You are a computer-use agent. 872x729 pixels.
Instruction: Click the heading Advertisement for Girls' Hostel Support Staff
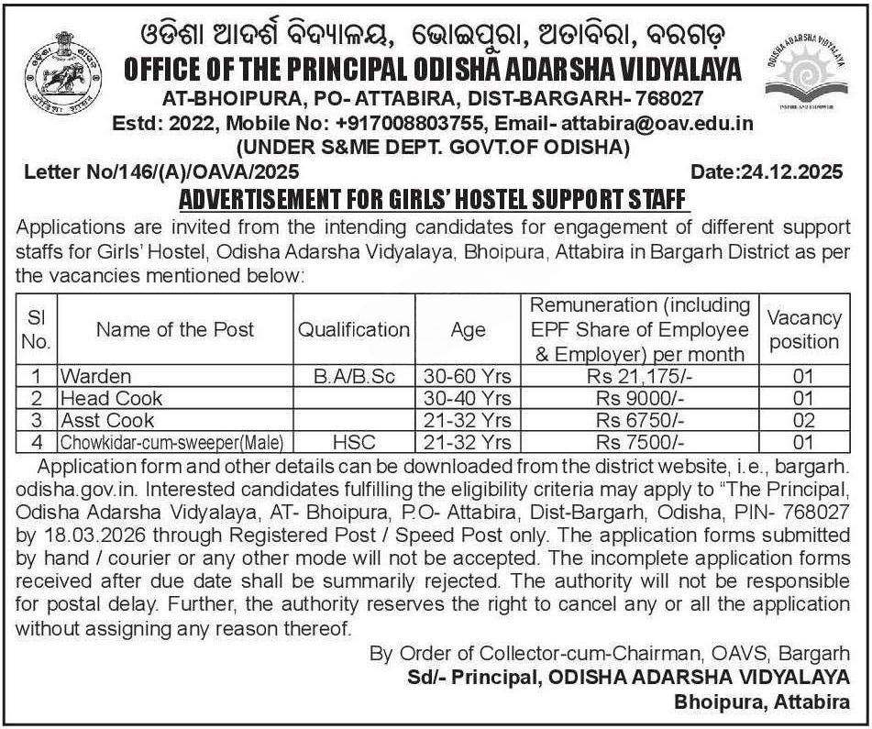point(433,198)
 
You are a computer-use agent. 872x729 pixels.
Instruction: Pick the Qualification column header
point(353,329)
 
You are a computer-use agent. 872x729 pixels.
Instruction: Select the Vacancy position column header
point(803,329)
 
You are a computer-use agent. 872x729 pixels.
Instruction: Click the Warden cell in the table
point(95,376)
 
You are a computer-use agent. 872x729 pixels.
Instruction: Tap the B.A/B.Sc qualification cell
point(353,376)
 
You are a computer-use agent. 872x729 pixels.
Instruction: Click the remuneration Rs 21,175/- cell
point(639,376)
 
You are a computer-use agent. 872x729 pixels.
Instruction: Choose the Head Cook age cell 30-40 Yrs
point(468,398)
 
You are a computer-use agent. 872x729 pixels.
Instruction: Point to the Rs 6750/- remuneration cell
point(639,420)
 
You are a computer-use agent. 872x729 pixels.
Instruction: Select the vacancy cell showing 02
point(803,420)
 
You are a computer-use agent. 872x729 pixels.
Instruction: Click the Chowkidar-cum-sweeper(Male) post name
point(171,442)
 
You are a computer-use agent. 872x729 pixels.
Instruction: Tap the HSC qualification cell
point(353,442)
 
